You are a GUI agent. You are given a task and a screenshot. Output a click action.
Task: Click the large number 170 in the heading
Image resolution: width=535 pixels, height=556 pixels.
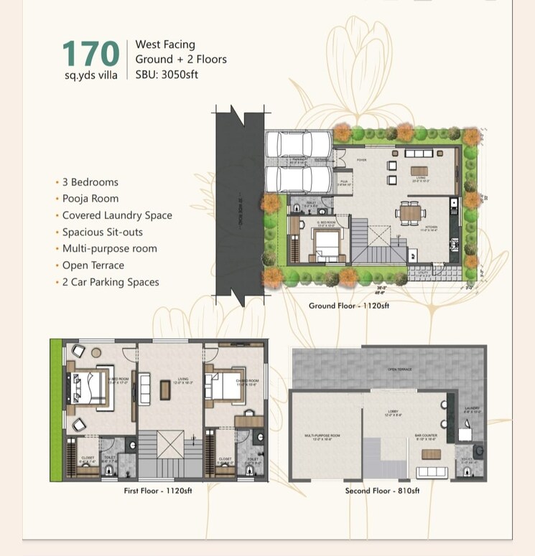pyautogui.click(x=90, y=54)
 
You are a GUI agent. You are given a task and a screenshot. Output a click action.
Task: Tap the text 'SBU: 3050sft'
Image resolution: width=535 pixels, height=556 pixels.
pyautogui.click(x=167, y=74)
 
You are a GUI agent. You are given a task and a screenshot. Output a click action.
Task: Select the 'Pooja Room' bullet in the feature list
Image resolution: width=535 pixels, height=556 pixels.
pyautogui.click(x=90, y=199)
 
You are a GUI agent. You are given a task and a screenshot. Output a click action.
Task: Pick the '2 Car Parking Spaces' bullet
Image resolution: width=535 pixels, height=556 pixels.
pyautogui.click(x=110, y=282)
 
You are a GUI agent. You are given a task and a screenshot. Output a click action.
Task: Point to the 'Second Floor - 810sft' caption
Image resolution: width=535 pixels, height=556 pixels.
pyautogui.click(x=381, y=491)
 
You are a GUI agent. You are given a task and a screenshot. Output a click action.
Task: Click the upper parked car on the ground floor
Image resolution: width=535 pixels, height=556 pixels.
pyautogui.click(x=297, y=145)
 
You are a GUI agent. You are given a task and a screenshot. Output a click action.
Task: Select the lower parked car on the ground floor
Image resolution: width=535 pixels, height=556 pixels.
pyautogui.click(x=297, y=179)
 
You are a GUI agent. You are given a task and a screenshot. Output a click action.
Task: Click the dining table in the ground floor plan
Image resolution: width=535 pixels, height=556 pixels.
pyautogui.click(x=410, y=212)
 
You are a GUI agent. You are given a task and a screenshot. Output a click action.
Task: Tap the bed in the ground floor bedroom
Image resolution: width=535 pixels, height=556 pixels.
pyautogui.click(x=327, y=248)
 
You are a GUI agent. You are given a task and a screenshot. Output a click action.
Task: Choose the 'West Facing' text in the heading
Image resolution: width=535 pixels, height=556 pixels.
pyautogui.click(x=165, y=44)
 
